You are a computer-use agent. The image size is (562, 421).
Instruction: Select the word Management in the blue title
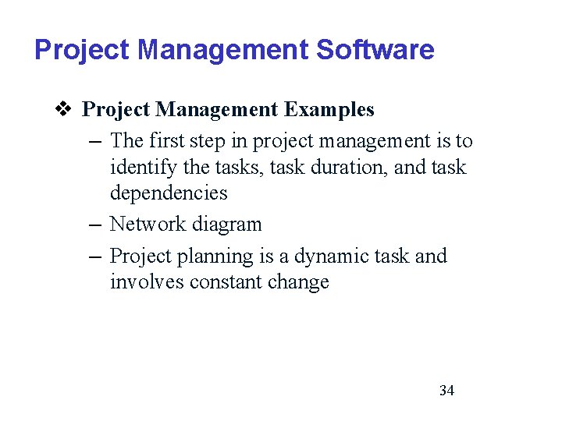click(223, 50)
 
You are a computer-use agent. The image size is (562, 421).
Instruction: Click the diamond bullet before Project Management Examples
click(65, 110)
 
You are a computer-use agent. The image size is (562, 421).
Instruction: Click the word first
click(170, 141)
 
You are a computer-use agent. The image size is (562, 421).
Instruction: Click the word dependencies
click(169, 193)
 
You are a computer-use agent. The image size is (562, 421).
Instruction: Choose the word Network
click(147, 225)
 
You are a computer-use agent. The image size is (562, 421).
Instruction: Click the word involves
click(144, 282)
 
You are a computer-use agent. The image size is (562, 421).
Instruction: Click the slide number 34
click(446, 391)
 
